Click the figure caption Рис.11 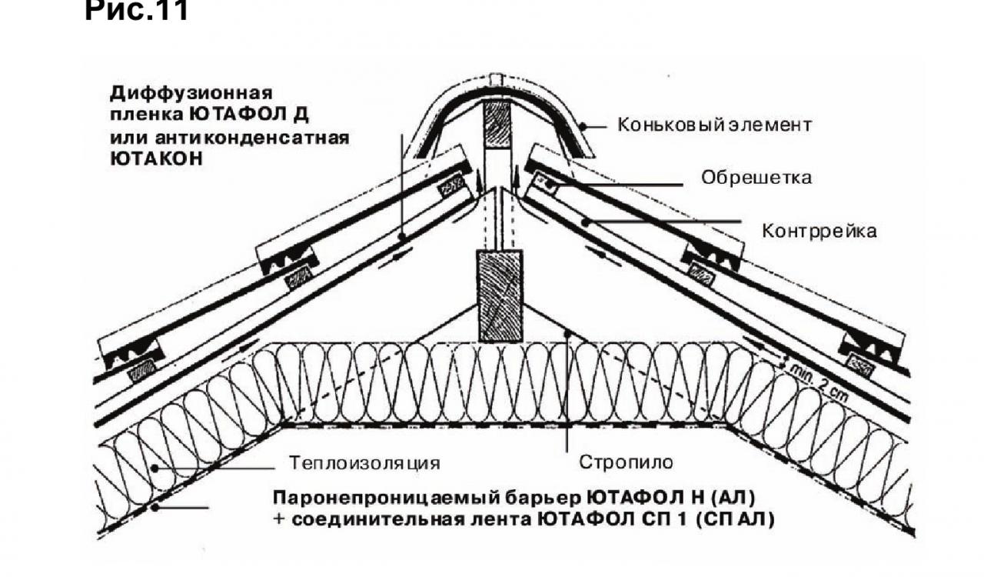[136, 10]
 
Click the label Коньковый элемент [714, 125]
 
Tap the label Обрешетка [756, 178]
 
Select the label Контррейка [819, 231]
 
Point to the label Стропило [626, 462]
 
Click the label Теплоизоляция [364, 463]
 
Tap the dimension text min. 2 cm [819, 382]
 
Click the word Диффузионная [191, 93]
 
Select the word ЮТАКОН [156, 158]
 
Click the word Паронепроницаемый [386, 498]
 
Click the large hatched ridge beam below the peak [500, 296]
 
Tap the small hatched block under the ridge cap [497, 125]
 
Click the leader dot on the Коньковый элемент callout [583, 126]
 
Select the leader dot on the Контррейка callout [585, 223]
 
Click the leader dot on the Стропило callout [567, 335]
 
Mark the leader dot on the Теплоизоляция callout [155, 469]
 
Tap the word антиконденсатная [252, 138]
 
